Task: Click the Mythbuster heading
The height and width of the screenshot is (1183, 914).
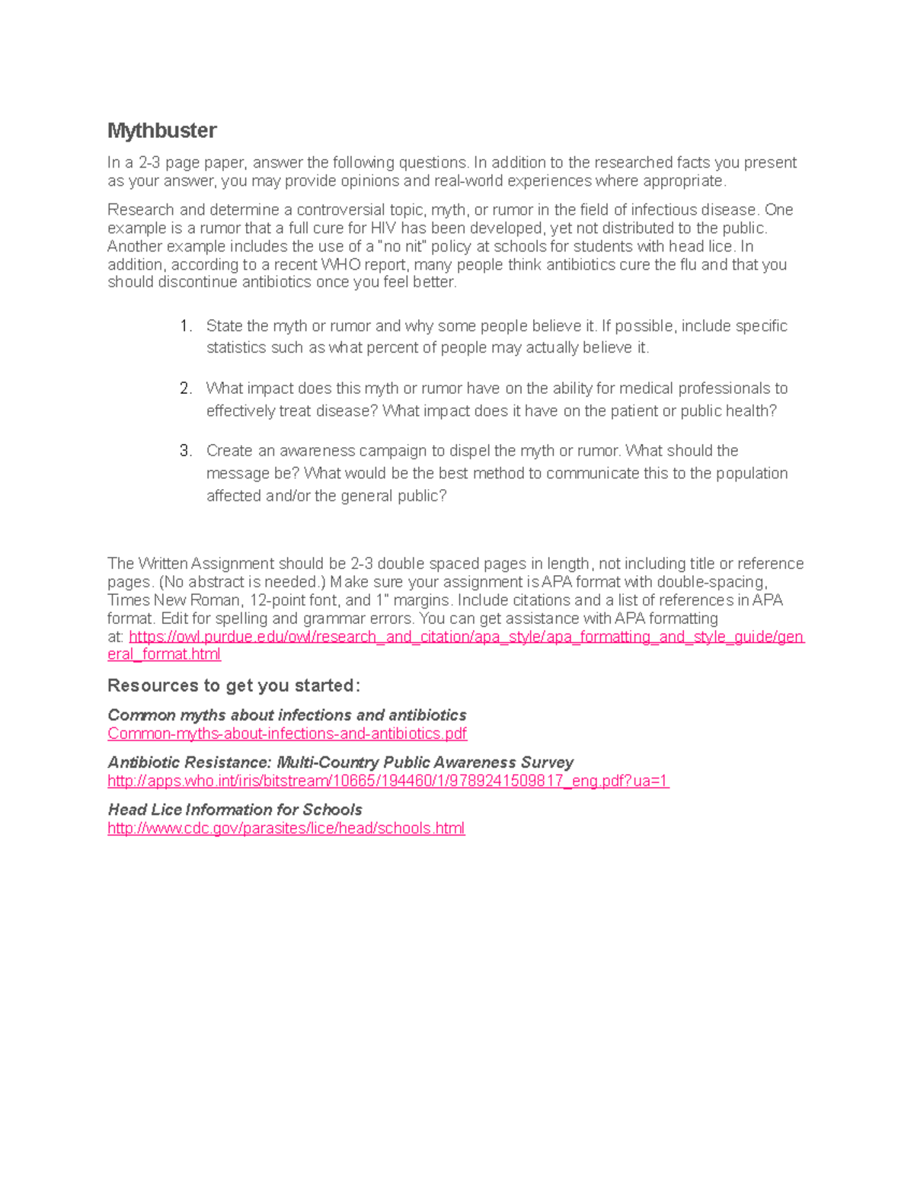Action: pos(161,131)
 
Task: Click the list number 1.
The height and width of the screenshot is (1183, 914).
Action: pos(185,326)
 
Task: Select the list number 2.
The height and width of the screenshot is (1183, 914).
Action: pos(185,388)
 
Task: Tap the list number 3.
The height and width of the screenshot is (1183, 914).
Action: pos(185,451)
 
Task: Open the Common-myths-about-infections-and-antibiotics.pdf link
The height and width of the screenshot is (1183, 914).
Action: pos(287,734)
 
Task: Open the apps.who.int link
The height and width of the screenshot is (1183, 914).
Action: pos(388,781)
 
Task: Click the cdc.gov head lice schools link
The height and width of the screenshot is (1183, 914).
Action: pos(286,828)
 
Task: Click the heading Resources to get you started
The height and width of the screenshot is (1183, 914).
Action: pos(234,686)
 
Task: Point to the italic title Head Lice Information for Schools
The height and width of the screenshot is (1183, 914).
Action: pos(235,810)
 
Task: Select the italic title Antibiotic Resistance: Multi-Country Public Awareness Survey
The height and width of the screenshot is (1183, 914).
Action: pos(340,763)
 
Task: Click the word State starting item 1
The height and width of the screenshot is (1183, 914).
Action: pos(224,326)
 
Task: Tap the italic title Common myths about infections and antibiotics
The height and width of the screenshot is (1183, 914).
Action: pos(286,715)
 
